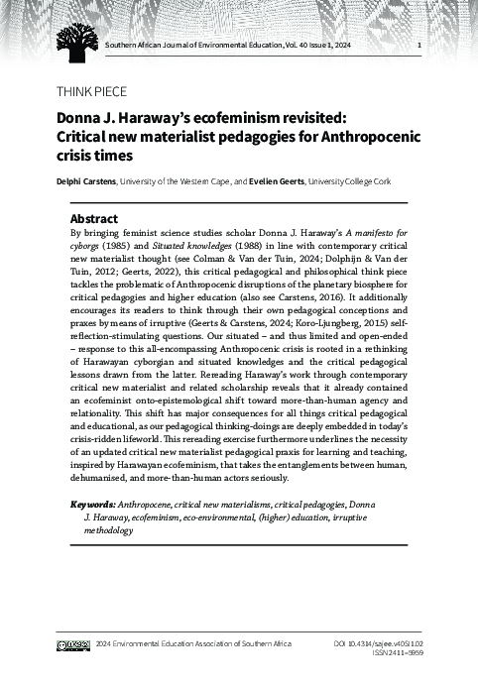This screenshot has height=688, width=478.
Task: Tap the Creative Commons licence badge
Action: click(74, 644)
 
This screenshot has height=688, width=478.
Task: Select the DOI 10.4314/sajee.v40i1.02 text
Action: click(377, 644)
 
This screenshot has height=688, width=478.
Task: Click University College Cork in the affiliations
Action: click(363, 182)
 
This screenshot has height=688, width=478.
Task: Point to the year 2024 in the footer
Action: click(104, 644)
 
